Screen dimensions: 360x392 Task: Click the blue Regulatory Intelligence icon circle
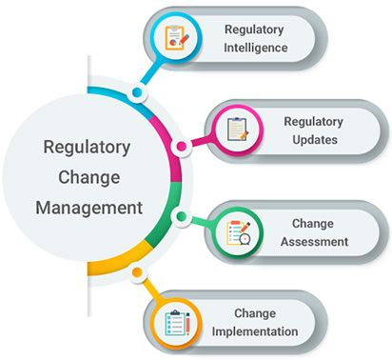point(176,38)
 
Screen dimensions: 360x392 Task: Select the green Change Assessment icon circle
point(237,231)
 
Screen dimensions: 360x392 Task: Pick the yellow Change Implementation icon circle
point(176,323)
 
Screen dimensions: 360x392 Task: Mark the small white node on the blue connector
point(138,92)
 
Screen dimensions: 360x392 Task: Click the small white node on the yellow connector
point(139,272)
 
